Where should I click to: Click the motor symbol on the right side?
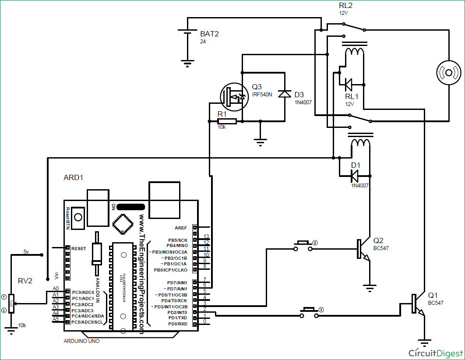(x=449, y=72)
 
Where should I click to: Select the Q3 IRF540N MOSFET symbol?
(x=232, y=96)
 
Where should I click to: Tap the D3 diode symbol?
(x=285, y=93)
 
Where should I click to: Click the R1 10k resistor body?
(x=227, y=121)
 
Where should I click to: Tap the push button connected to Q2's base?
(x=303, y=246)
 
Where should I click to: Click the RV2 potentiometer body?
(x=11, y=304)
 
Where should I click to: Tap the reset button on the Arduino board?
(x=78, y=217)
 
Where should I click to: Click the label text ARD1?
(x=74, y=178)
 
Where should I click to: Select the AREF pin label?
(x=180, y=228)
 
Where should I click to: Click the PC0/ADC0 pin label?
(x=83, y=292)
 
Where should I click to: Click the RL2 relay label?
(x=345, y=5)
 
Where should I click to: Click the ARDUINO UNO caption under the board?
(x=81, y=341)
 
